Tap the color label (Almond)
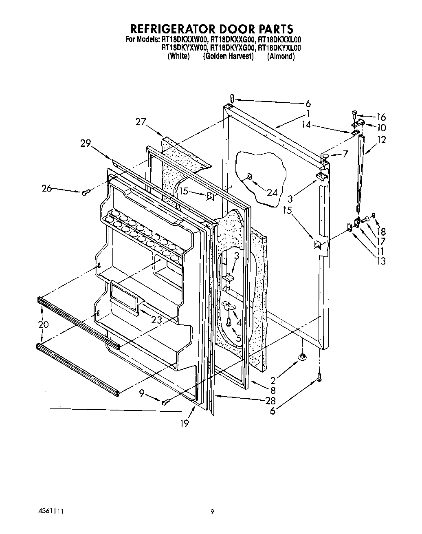(281, 56)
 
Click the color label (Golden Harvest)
(228, 56)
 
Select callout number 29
(86, 143)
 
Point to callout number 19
(185, 424)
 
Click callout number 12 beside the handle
(381, 140)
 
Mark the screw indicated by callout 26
(86, 193)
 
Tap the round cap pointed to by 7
(325, 156)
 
